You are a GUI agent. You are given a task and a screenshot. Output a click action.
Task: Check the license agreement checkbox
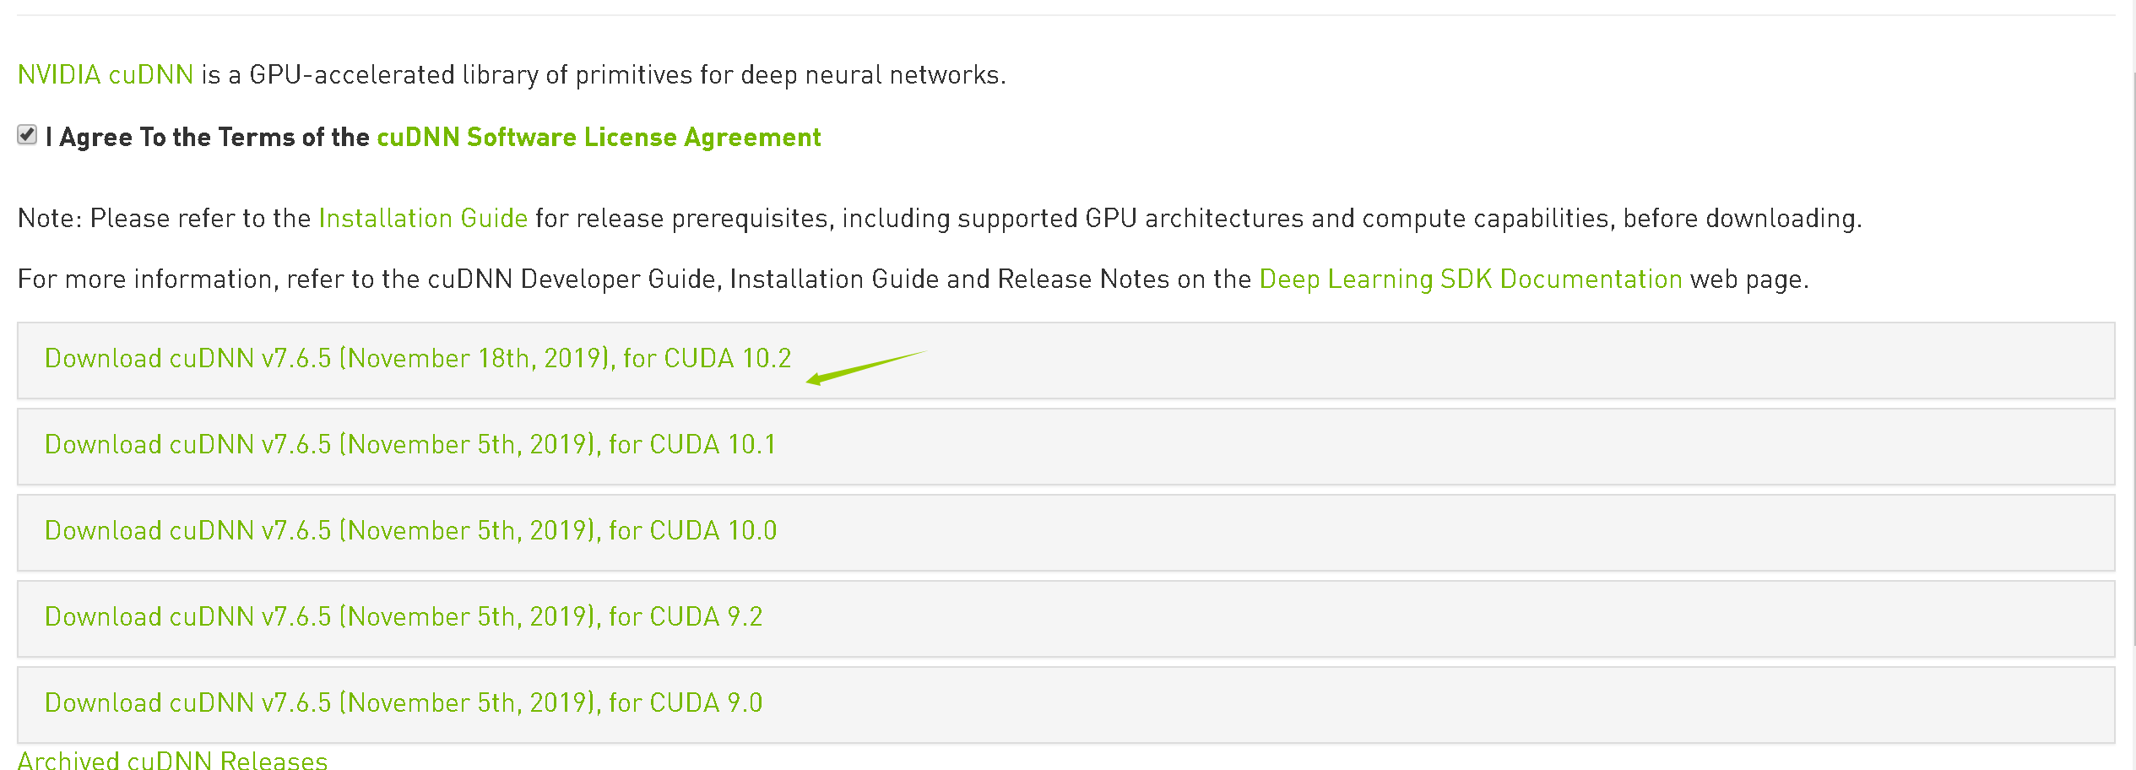coord(27,135)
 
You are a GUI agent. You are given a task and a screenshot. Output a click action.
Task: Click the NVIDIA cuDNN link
coord(106,75)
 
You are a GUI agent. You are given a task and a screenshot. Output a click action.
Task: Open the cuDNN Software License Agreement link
coord(599,137)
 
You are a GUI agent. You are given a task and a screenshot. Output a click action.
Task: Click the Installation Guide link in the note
coord(423,219)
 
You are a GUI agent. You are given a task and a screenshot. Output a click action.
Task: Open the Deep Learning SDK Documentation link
coord(1471,279)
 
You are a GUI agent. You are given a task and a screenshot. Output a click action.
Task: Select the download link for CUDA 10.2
coord(418,359)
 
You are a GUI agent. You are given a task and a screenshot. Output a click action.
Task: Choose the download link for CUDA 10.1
coord(410,445)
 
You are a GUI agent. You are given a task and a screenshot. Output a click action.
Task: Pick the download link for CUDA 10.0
coord(410,531)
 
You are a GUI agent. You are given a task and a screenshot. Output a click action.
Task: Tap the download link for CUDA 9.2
coord(404,617)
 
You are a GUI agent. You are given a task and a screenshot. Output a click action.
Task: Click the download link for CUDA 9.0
coord(404,703)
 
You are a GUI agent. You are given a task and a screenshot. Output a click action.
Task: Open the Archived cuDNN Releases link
coord(172,760)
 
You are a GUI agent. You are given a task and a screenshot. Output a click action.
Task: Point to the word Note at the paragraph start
coord(47,219)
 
